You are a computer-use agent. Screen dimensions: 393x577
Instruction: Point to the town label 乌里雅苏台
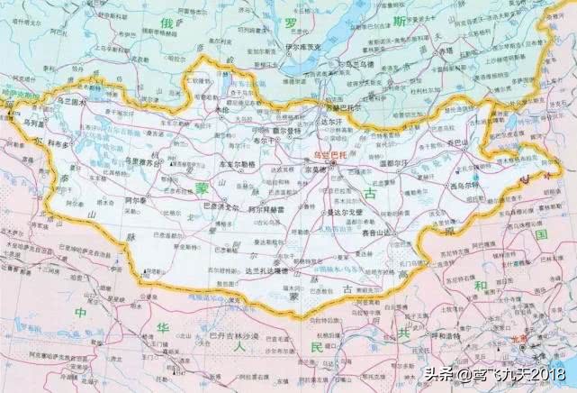pyautogui.click(x=142, y=163)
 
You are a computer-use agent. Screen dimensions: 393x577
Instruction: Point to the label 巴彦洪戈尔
pyautogui.click(x=219, y=207)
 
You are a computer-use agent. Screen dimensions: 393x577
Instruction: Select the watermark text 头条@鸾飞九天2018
pyautogui.click(x=500, y=372)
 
